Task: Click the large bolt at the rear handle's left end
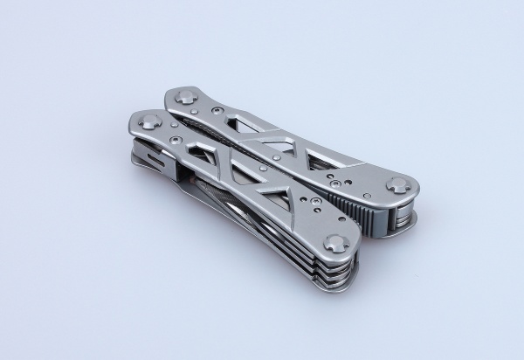(185, 96)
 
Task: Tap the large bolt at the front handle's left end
(148, 121)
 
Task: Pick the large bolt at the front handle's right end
(336, 246)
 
